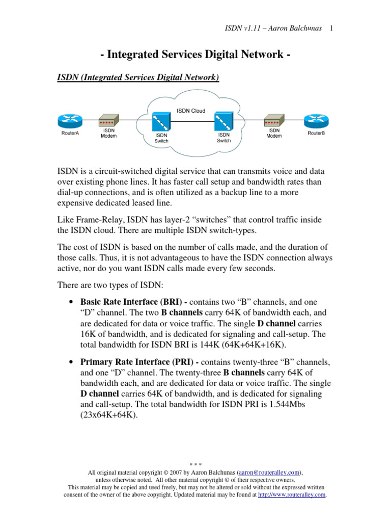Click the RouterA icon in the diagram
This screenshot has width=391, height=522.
pos(70,121)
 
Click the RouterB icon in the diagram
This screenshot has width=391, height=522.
pos(316,121)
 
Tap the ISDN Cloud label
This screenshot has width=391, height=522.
pos(191,111)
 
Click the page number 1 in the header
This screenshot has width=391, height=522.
pos(331,29)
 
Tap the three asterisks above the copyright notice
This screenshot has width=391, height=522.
pos(196,465)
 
